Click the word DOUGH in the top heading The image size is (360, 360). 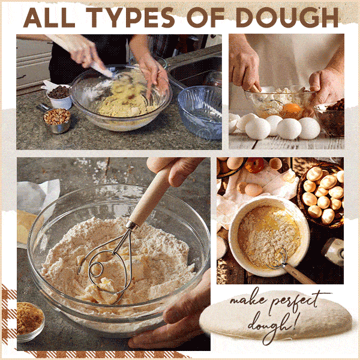click(287, 17)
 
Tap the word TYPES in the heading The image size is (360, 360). click(130, 17)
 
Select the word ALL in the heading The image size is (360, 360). click(49, 17)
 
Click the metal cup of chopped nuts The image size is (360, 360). click(57, 121)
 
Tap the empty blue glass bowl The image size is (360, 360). click(200, 112)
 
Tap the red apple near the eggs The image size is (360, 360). click(254, 165)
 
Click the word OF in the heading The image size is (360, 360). click(205, 17)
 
